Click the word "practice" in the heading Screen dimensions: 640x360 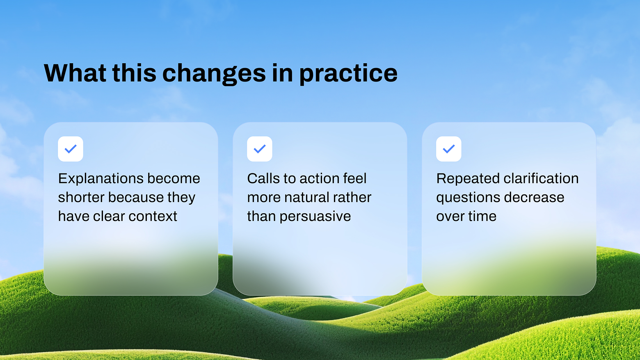tap(348, 74)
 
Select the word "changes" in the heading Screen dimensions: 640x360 tap(214, 74)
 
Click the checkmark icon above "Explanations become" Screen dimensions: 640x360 tap(71, 149)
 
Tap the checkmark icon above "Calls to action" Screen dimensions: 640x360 tap(260, 149)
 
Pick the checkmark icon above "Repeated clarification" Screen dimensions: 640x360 tap(448, 149)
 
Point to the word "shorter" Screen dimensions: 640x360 tap(81, 197)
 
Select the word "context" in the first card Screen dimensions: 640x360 tap(153, 216)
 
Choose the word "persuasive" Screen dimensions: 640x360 tap(315, 216)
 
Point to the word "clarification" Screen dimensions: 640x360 tap(541, 178)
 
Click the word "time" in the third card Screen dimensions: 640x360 tap(482, 216)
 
